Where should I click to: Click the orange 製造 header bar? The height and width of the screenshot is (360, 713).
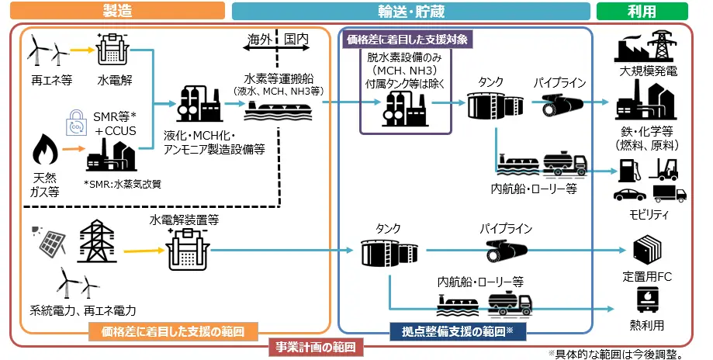[116, 11]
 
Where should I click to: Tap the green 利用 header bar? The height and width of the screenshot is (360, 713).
[641, 11]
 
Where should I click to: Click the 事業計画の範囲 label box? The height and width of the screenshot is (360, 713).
[316, 347]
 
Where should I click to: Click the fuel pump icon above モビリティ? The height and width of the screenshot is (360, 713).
[625, 168]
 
